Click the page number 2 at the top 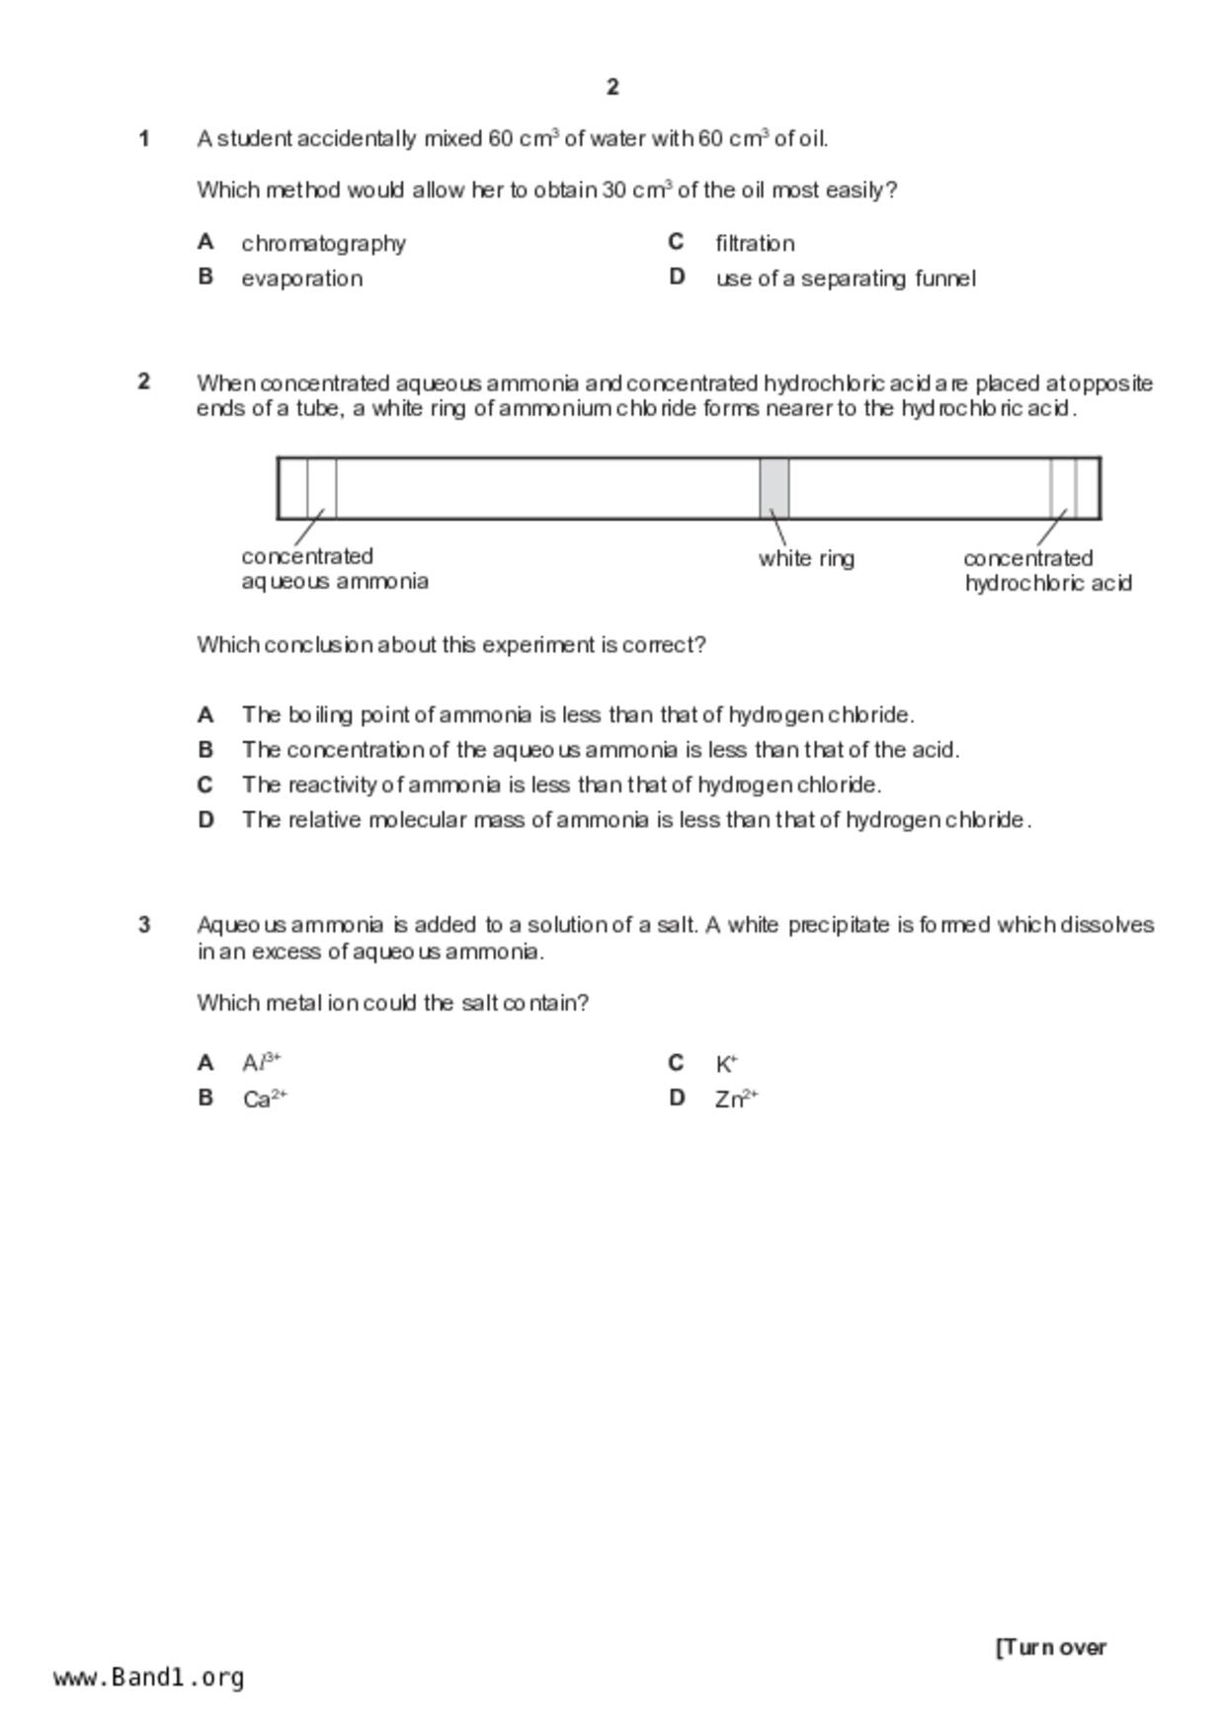612,87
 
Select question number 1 144,138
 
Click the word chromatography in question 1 323,243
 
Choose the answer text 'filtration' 755,243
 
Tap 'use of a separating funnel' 846,279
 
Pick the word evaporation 301,279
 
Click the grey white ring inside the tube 774,487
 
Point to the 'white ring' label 806,558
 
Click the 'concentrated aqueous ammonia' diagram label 334,569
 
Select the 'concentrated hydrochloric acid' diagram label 1047,571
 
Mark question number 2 144,381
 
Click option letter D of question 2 205,820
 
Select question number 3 144,925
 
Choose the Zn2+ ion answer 736,1099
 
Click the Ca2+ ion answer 265,1099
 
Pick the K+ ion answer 726,1064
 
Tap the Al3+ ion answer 262,1063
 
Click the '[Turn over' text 1051,1647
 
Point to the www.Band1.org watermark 149,1678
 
